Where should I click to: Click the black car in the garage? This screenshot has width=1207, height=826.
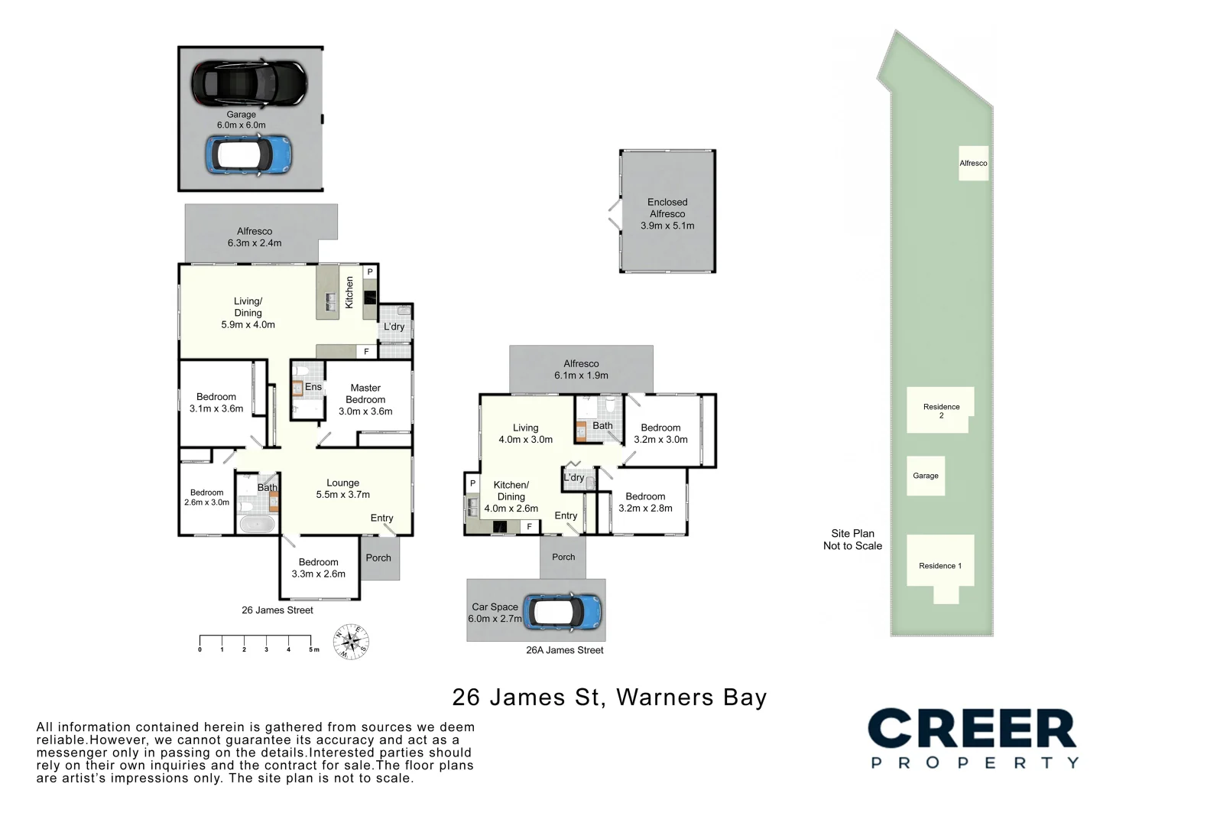[249, 83]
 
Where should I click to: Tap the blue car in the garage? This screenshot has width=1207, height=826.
[248, 154]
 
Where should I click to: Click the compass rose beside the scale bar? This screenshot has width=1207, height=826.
[351, 642]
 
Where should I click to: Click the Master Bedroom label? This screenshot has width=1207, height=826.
[365, 394]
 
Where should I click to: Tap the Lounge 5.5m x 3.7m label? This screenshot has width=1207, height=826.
[342, 489]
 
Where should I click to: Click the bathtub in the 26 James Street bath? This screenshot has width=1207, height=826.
[257, 524]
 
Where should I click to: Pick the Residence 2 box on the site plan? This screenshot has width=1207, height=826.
[939, 410]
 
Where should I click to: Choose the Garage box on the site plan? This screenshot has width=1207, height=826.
[926, 476]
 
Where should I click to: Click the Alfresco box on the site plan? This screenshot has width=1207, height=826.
[973, 163]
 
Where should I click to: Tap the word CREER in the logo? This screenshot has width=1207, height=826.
[972, 728]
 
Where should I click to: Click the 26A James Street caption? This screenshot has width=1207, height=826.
[565, 650]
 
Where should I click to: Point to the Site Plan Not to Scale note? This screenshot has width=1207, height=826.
[852, 539]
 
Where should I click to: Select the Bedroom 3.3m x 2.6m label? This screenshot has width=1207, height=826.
[319, 567]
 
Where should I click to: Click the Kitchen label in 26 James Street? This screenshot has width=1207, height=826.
[349, 292]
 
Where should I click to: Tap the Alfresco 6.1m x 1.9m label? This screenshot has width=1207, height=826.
[581, 369]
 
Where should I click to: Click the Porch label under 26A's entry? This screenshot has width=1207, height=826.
[563, 557]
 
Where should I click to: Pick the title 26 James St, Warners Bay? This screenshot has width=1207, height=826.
[609, 698]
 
